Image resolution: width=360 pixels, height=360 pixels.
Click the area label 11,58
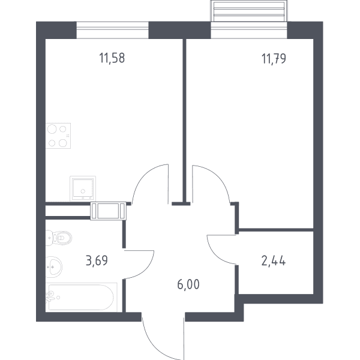pyautogui.click(x=112, y=58)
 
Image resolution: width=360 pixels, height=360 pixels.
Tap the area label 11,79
pyautogui.click(x=274, y=59)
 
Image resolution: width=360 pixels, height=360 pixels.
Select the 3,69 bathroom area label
pyautogui.click(x=97, y=260)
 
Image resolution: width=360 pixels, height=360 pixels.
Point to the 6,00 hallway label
pyautogui.click(x=188, y=284)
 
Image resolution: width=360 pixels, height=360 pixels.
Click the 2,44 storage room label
pyautogui.click(x=274, y=261)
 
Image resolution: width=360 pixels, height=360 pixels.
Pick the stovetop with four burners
pyautogui.click(x=58, y=136)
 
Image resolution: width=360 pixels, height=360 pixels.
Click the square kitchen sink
pyautogui.click(x=83, y=188)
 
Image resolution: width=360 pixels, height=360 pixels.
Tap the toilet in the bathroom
pyautogui.click(x=59, y=238)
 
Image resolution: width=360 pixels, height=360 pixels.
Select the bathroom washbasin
pyautogui.click(x=54, y=267)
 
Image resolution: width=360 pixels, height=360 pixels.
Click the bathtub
pyautogui.click(x=81, y=298)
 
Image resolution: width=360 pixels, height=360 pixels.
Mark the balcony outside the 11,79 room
pyautogui.click(x=249, y=11)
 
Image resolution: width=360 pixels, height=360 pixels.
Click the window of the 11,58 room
pyautogui.click(x=113, y=30)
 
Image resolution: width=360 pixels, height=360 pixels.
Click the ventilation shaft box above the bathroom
pyautogui.click(x=108, y=211)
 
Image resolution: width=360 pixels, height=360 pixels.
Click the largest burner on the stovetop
pyautogui.click(x=52, y=129)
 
